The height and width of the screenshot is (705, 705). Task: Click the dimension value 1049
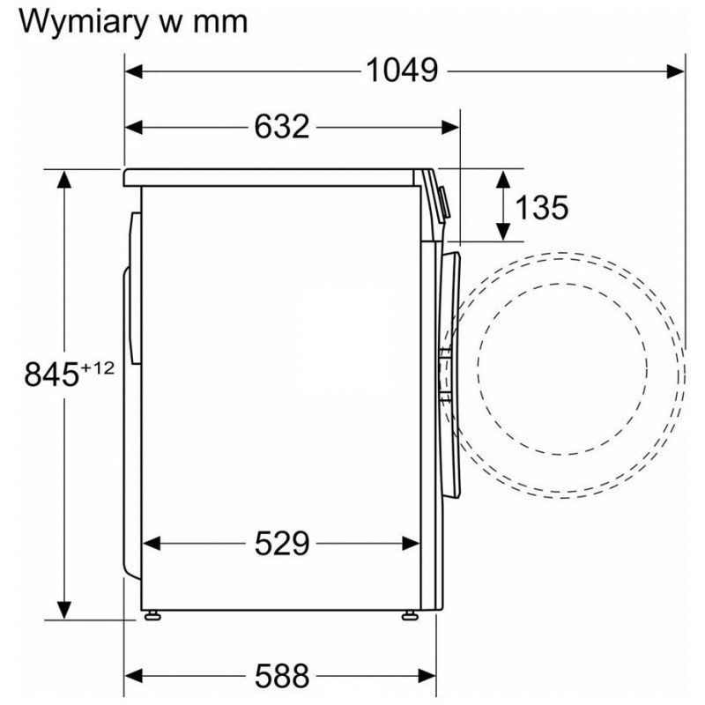pyautogui.click(x=402, y=70)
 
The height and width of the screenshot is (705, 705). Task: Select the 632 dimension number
pyautogui.click(x=282, y=127)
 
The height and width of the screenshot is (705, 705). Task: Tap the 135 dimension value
pyautogui.click(x=541, y=207)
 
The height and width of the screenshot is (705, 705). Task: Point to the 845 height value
pyautogui.click(x=52, y=375)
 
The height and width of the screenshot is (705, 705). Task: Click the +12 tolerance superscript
pyautogui.click(x=98, y=368)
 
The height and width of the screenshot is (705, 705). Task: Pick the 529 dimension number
pyautogui.click(x=282, y=544)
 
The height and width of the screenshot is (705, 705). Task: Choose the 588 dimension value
pyautogui.click(x=282, y=675)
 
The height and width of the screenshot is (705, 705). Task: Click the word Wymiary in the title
pyautogui.click(x=83, y=21)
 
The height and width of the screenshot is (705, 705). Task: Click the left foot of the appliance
pyautogui.click(x=152, y=615)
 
